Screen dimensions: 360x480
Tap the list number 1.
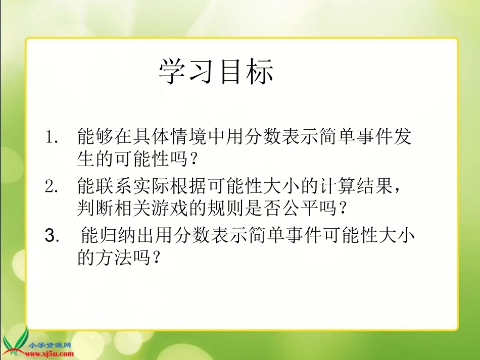tap(53, 136)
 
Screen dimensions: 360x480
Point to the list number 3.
tap(53, 235)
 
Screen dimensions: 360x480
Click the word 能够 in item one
tap(94, 136)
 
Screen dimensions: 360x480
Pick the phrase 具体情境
tap(171, 136)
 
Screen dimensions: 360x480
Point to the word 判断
tap(94, 208)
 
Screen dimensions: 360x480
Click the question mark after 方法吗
tap(156, 258)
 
